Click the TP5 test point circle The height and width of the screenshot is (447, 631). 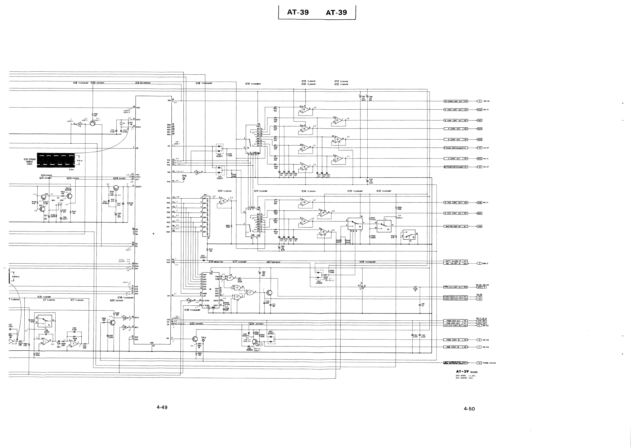pyautogui.click(x=184, y=179)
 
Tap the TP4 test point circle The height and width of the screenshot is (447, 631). pyautogui.click(x=203, y=341)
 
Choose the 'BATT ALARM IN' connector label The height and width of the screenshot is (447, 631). pyautogui.click(x=453, y=261)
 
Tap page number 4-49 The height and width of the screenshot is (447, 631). pyautogui.click(x=162, y=407)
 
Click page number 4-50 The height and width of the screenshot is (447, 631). pyautogui.click(x=469, y=409)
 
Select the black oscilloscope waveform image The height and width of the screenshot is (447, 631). pyautogui.click(x=56, y=160)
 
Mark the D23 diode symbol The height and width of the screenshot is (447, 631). pyautogui.click(x=203, y=260)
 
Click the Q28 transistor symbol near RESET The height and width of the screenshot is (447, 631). pyautogui.click(x=117, y=188)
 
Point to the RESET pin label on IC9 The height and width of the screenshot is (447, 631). pyautogui.click(x=139, y=187)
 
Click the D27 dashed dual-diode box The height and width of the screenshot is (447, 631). pyautogui.click(x=272, y=339)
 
